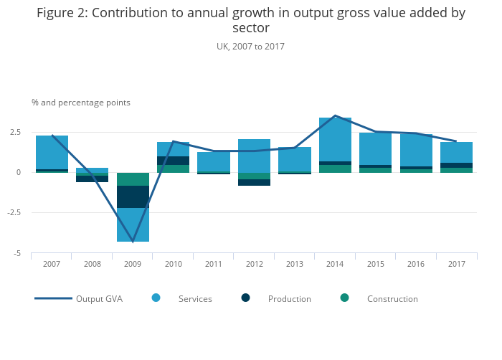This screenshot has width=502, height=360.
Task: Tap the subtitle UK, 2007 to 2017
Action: tap(250, 46)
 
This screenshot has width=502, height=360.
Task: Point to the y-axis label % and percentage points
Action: tap(81, 103)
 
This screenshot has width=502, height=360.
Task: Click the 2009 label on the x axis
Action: tap(132, 264)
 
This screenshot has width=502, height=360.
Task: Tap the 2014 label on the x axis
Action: tap(334, 264)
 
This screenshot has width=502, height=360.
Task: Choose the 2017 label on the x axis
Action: tap(456, 264)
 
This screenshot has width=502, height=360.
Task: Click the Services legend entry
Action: tap(195, 299)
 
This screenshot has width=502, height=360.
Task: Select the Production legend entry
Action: tap(289, 299)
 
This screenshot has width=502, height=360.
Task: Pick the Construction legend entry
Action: tap(392, 299)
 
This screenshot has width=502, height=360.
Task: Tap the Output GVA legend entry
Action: tap(99, 299)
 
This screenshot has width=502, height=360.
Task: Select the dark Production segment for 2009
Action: tap(133, 196)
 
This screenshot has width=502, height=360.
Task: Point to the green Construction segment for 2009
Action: tap(133, 179)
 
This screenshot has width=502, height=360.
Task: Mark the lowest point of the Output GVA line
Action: tap(133, 242)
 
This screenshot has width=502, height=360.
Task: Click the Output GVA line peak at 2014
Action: tap(335, 115)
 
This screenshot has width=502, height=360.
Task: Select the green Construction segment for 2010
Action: tap(173, 169)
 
